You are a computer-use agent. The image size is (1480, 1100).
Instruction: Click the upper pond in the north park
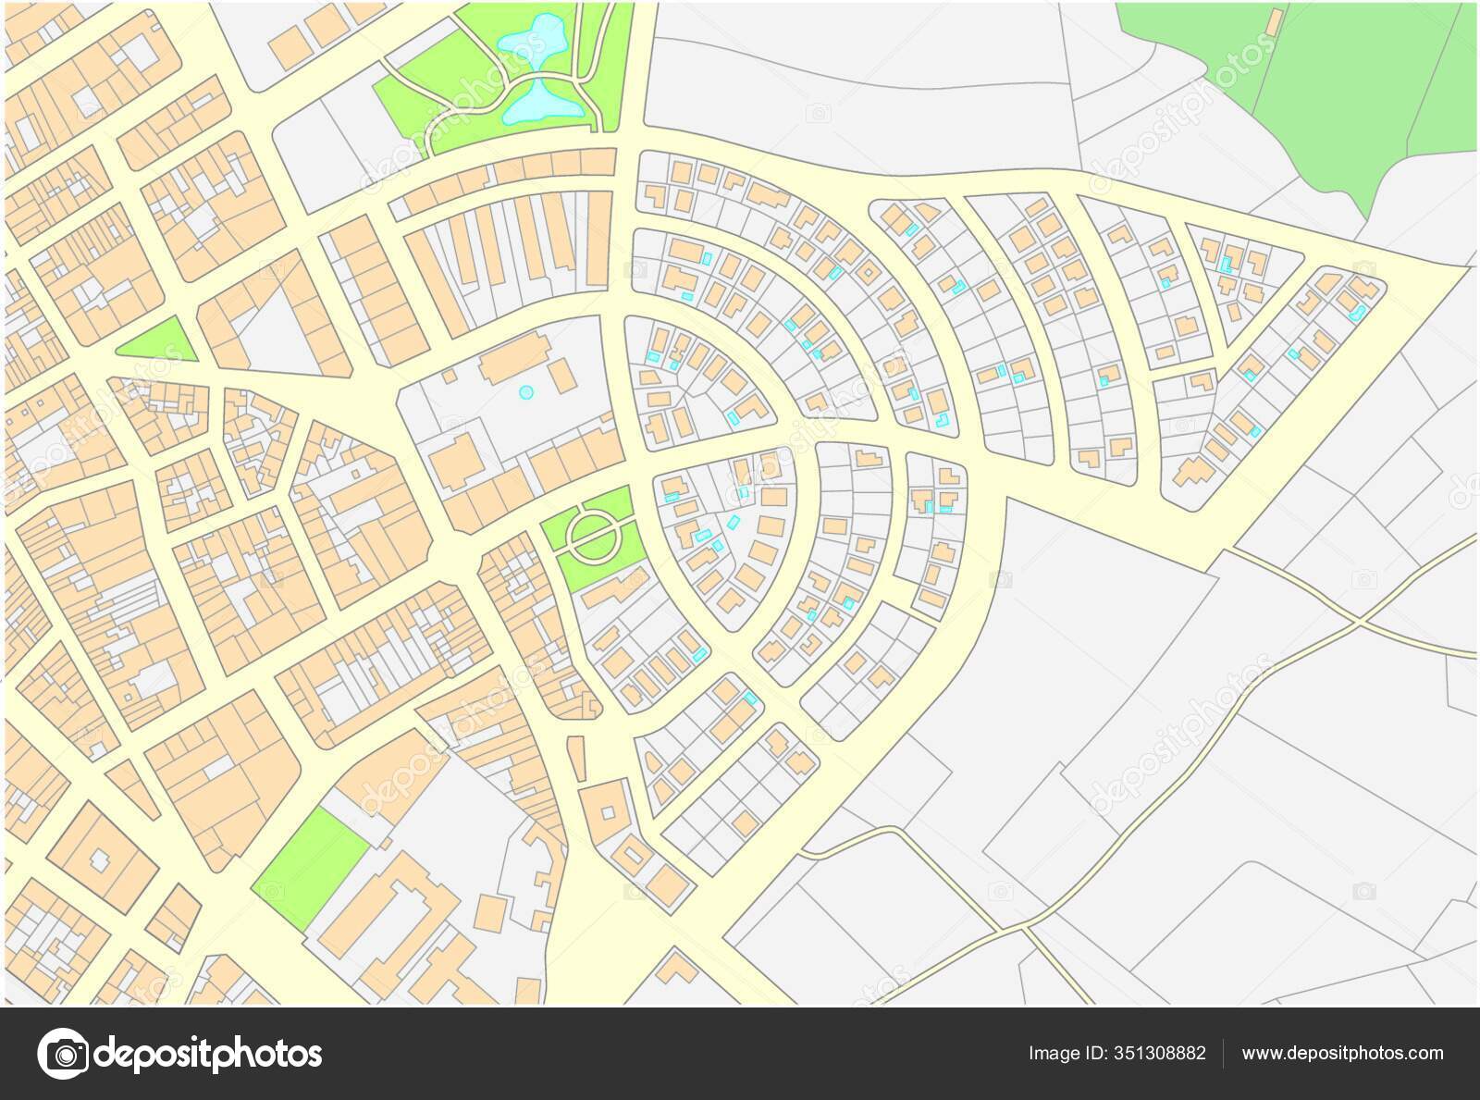coord(530,38)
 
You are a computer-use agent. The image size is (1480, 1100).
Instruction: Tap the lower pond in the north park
coord(546,102)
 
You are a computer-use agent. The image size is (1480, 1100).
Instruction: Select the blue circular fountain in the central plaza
coord(526,392)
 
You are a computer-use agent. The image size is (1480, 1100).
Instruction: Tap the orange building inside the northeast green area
coord(1274,20)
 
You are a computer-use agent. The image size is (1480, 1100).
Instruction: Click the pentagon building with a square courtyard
coord(607,811)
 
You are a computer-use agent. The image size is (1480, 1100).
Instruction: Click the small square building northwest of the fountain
coord(449,376)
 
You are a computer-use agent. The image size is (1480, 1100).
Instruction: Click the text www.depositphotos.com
coord(1342,1054)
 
